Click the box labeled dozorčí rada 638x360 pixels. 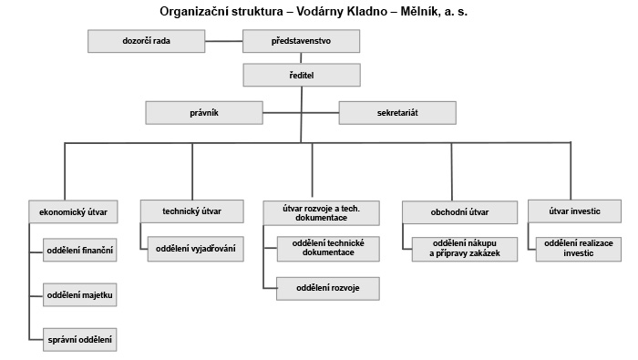pyautogui.click(x=146, y=42)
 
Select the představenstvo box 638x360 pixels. pyautogui.click(x=302, y=42)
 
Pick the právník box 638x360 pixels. pyautogui.click(x=204, y=113)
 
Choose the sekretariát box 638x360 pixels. pyautogui.click(x=397, y=113)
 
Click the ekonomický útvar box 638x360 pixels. pyautogui.click(x=74, y=211)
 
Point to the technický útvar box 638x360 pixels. pyautogui.click(x=191, y=211)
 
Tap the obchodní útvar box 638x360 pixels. pyautogui.click(x=459, y=211)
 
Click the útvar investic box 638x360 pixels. pyautogui.click(x=576, y=211)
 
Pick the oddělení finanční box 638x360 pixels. pyautogui.click(x=80, y=249)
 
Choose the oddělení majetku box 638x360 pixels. pyautogui.click(x=80, y=295)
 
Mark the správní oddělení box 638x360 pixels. pyautogui.click(x=80, y=340)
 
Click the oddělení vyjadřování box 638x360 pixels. pyautogui.click(x=196, y=248)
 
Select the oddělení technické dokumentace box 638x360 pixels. pyautogui.click(x=328, y=248)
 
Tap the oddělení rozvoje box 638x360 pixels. pyautogui.click(x=328, y=288)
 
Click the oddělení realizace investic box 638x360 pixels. pyautogui.click(x=581, y=248)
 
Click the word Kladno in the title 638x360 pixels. pyautogui.click(x=367, y=12)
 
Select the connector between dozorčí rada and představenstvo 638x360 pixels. pyautogui.click(x=224, y=42)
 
